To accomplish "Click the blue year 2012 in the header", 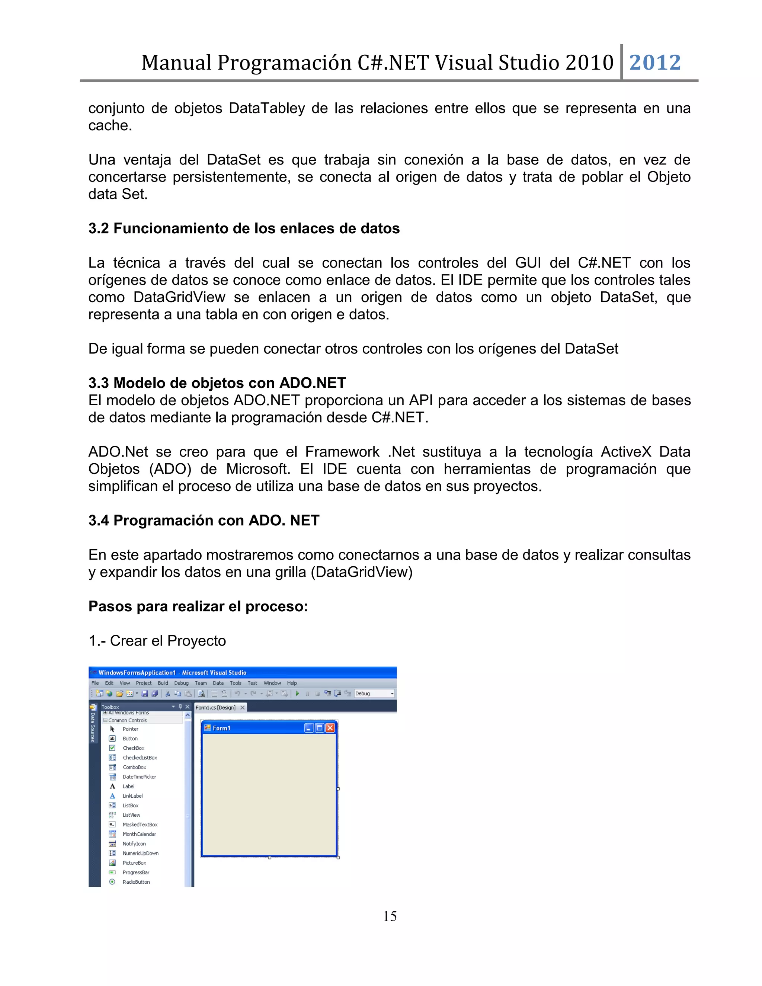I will (654, 62).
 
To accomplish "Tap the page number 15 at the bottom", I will (390, 916).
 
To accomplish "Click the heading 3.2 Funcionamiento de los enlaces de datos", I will (244, 228).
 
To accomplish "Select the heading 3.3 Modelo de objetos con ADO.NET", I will (217, 383).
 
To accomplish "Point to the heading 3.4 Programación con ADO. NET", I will (204, 521).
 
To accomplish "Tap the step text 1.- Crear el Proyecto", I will (157, 641).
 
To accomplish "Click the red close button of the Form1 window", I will (330, 728).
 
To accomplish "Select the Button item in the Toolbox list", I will (130, 739).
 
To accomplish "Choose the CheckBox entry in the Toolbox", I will (133, 748).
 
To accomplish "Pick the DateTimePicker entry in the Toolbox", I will (139, 777).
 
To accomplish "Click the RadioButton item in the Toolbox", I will (136, 882).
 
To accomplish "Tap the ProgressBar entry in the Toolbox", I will (135, 872).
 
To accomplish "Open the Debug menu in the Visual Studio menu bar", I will (181, 683).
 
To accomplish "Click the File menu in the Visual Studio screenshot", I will (95, 683).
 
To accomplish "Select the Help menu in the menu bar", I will (292, 683).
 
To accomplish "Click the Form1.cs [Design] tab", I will (215, 707).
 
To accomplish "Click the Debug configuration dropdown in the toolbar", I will (374, 694).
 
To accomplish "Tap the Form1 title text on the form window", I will (221, 728).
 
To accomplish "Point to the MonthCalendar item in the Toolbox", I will (139, 834).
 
